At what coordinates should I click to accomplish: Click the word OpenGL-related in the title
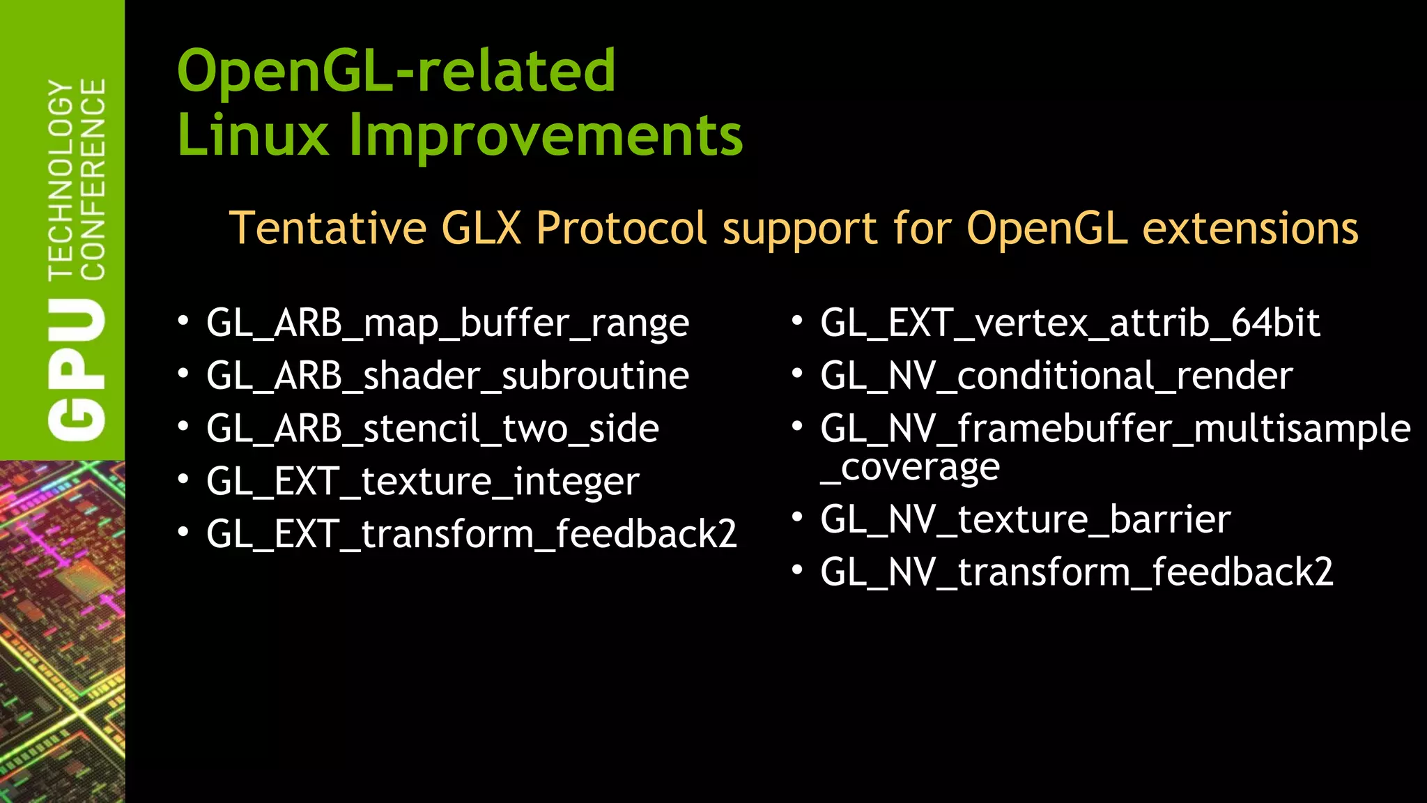[x=396, y=71]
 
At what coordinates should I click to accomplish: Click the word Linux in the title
[x=252, y=135]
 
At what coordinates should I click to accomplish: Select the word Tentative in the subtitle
[x=327, y=228]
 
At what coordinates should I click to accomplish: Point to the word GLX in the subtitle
[x=481, y=228]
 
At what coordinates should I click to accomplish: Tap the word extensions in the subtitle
[x=1250, y=228]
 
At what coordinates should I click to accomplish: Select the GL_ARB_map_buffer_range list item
[x=447, y=323]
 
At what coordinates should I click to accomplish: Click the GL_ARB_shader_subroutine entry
[x=447, y=376]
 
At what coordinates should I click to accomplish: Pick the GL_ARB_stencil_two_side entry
[x=432, y=429]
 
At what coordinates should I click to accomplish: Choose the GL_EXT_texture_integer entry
[x=422, y=482]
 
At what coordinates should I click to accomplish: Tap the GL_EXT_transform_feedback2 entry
[x=471, y=535]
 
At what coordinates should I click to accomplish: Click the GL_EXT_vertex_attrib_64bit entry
[x=1070, y=323]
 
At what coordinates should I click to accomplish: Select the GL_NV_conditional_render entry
[x=1056, y=376]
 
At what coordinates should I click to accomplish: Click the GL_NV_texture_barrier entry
[x=1025, y=520]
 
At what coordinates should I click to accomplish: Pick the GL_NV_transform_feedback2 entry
[x=1077, y=572]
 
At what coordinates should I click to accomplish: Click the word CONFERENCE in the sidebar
[x=93, y=179]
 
